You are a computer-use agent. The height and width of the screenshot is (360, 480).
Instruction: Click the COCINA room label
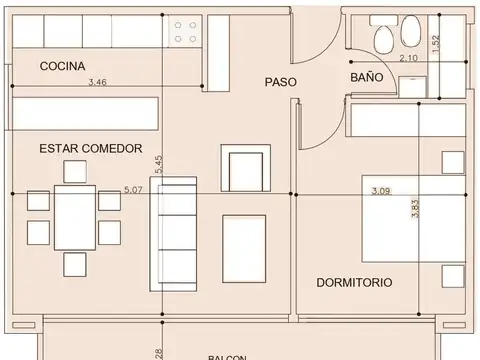tap(62, 66)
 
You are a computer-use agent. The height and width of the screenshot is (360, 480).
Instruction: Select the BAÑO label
tap(367, 78)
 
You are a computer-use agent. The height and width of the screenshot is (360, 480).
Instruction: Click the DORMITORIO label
tap(354, 283)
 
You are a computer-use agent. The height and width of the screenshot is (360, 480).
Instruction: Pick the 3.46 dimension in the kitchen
tap(98, 83)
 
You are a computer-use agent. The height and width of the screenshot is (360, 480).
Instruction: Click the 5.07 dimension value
tap(132, 188)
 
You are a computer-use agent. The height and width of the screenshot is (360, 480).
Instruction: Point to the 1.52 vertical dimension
tap(433, 46)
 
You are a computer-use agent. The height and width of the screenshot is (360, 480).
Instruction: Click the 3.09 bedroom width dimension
tap(381, 189)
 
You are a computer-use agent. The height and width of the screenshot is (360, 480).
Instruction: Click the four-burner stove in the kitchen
tap(186, 32)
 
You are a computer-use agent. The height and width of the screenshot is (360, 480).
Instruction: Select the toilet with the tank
tap(384, 38)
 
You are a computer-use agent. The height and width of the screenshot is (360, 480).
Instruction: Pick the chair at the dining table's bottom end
tap(75, 264)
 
